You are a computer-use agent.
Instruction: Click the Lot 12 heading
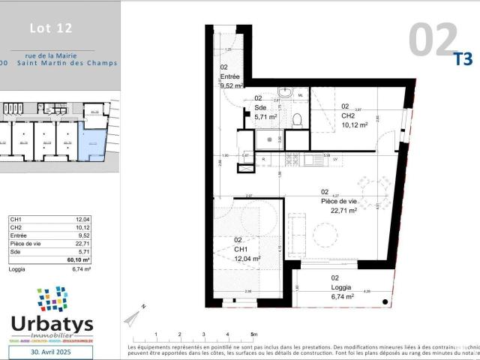[51, 29]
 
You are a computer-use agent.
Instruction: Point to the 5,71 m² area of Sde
[266, 117]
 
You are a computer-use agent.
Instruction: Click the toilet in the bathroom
[296, 119]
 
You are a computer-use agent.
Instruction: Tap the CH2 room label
[348, 116]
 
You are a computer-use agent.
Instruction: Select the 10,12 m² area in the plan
[354, 125]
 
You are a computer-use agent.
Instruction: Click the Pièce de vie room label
[339, 201]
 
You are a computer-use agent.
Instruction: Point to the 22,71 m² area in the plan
[343, 211]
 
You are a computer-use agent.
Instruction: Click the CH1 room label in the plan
[241, 249]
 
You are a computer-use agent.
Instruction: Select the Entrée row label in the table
[16, 235]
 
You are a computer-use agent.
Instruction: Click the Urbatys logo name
[52, 324]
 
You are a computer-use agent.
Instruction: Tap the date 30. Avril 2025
[51, 351]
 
